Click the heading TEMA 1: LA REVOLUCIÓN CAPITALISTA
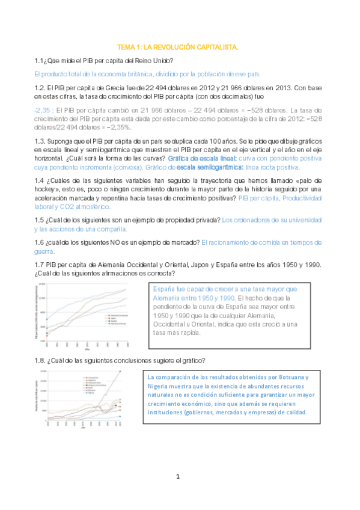coord(177,46)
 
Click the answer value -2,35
coord(41,111)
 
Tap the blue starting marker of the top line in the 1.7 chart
coord(47,319)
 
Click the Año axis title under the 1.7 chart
coord(88,349)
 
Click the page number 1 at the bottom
coord(178,477)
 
